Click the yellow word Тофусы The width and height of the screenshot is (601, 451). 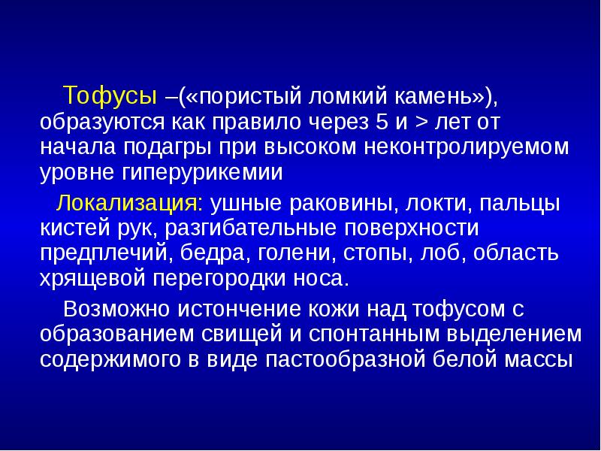pos(110,96)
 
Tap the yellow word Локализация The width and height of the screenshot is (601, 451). pos(130,203)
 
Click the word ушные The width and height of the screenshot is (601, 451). pos(243,203)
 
